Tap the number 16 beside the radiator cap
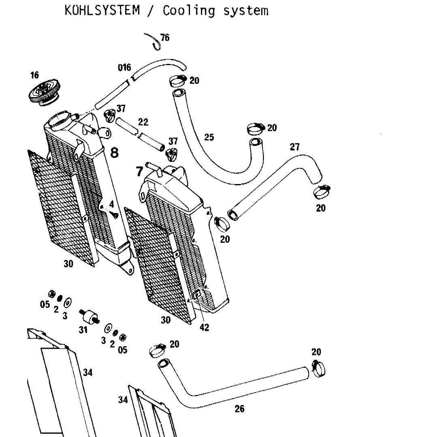34,75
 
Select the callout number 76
165,37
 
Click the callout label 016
124,68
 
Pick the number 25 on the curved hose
209,137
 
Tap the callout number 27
295,147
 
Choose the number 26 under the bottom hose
239,409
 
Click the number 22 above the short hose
143,122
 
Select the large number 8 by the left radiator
114,153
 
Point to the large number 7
139,172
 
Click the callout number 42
205,327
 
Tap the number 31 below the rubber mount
83,330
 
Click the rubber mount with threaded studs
89,316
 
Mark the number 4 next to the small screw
111,204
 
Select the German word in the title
102,10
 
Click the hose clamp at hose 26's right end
318,369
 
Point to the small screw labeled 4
114,214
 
